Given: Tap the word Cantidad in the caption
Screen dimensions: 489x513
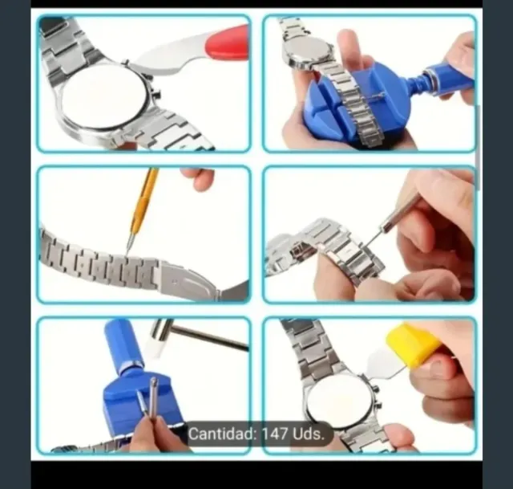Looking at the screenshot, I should pyautogui.click(x=221, y=434).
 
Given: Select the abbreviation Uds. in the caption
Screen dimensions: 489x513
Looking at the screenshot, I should pyautogui.click(x=309, y=434).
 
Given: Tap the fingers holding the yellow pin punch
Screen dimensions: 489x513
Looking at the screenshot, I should pyautogui.click(x=196, y=177).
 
